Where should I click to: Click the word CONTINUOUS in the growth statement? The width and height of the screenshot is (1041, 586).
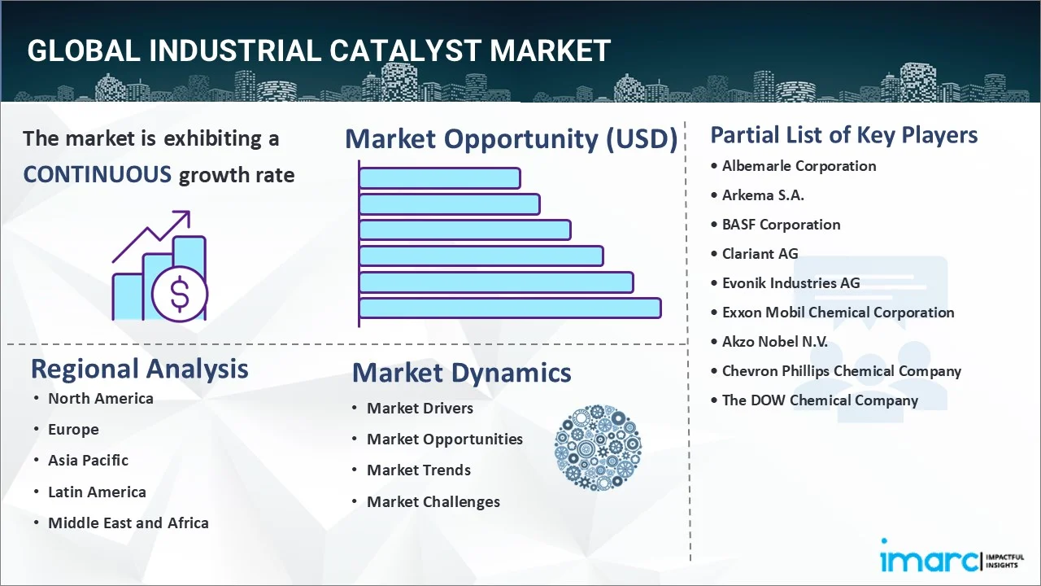click(97, 175)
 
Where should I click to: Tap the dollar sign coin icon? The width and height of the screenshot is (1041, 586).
click(180, 295)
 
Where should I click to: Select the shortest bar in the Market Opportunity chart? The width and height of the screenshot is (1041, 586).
click(440, 178)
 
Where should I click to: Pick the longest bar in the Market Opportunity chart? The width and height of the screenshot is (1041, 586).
click(510, 308)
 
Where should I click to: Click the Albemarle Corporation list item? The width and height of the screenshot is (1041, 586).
click(799, 166)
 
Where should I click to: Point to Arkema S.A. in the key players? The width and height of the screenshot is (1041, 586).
click(763, 195)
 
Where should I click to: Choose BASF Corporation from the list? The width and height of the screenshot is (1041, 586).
click(781, 225)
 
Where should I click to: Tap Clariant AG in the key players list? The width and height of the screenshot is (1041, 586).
click(760, 254)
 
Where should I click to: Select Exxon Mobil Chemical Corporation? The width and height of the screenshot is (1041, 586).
click(838, 313)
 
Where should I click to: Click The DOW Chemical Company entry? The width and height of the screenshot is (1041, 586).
click(820, 400)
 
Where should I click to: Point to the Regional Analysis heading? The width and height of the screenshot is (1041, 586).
click(139, 370)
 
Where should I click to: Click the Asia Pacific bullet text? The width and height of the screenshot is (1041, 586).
click(89, 461)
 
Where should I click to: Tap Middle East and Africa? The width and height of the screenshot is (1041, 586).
click(128, 523)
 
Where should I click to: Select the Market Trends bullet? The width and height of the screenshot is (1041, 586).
click(419, 470)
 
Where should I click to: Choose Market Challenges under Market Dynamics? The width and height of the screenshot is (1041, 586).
click(433, 502)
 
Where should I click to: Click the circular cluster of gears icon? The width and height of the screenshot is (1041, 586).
click(598, 448)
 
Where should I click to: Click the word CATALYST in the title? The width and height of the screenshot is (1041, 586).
click(405, 50)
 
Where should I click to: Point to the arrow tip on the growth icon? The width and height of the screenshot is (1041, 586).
click(189, 212)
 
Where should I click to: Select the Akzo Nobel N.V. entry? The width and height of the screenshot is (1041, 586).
click(775, 342)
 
